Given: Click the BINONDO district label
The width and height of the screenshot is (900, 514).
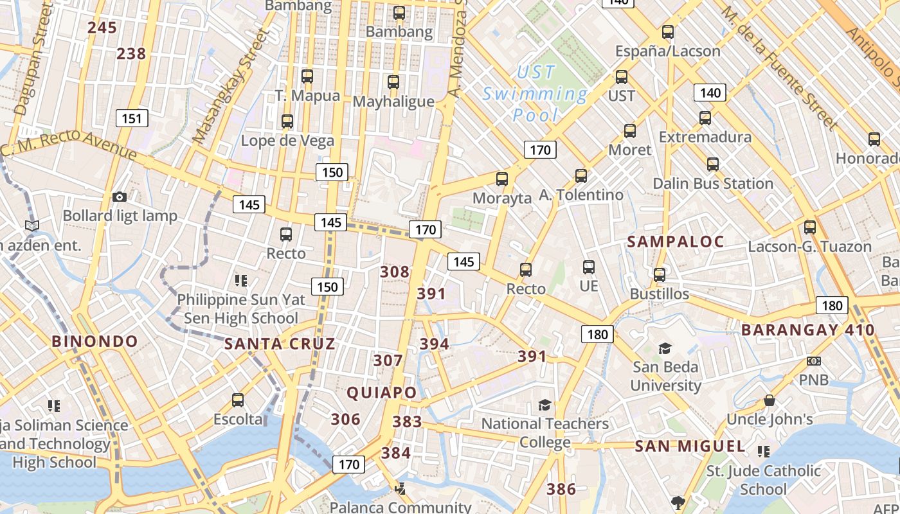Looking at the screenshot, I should click(x=94, y=341).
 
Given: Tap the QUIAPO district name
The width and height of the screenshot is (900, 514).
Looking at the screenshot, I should click(x=382, y=393).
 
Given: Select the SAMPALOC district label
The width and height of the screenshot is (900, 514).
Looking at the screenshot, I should click(x=676, y=242).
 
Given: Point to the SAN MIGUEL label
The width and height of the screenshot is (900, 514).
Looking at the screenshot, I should click(x=690, y=446).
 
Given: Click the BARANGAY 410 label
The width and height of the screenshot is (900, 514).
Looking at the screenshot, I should click(x=808, y=330).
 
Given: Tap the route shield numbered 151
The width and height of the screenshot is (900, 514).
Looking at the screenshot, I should click(x=132, y=118).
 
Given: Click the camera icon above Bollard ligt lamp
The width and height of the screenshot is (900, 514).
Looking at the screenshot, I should click(x=119, y=197).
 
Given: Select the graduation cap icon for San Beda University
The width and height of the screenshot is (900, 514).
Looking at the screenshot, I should click(x=665, y=348).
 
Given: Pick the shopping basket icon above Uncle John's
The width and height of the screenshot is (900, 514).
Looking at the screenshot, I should click(x=769, y=401).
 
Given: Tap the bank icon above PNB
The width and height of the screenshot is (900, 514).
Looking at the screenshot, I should click(x=814, y=361).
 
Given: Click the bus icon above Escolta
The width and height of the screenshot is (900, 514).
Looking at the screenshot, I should click(x=238, y=400).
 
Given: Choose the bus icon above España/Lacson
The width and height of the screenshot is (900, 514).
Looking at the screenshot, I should click(x=668, y=32).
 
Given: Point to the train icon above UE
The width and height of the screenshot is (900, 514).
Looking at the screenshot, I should click(x=588, y=267).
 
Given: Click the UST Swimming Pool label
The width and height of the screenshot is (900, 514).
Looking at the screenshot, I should click(x=535, y=94).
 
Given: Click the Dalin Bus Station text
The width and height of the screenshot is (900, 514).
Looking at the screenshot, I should click(x=713, y=184).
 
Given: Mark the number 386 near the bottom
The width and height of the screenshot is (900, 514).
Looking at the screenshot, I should click(x=561, y=489).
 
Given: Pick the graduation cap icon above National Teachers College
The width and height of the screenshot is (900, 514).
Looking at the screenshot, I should click(x=544, y=405).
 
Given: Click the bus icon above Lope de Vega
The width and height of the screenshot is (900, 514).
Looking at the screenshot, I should click(x=287, y=121).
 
